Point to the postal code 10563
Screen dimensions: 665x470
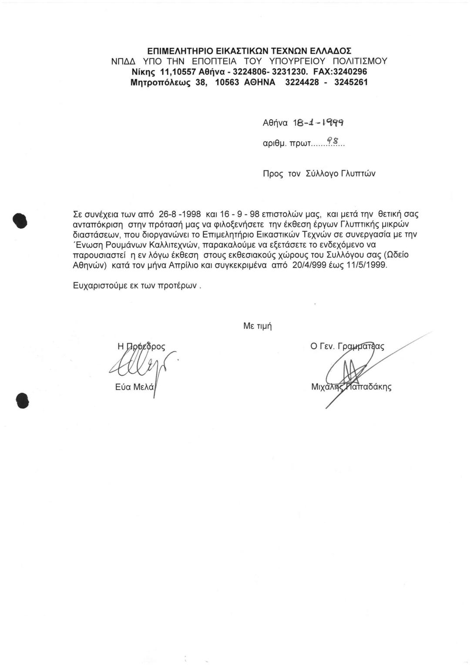pyautogui.click(x=228, y=82)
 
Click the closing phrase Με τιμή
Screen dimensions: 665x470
pyautogui.click(x=258, y=326)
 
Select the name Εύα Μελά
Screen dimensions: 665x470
pyautogui.click(x=134, y=387)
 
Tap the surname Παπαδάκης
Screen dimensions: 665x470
pyautogui.click(x=368, y=387)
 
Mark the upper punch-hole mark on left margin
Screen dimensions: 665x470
pyautogui.click(x=20, y=220)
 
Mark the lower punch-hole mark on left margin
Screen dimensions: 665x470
pyautogui.click(x=21, y=400)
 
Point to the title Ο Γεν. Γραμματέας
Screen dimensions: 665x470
pyautogui.click(x=347, y=347)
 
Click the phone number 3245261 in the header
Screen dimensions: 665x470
pyautogui.click(x=351, y=82)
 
